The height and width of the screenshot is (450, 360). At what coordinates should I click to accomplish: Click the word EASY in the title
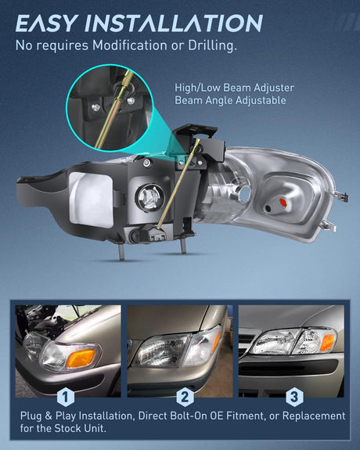pos(47,23)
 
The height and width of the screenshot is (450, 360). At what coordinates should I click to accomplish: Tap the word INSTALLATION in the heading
pos(174,23)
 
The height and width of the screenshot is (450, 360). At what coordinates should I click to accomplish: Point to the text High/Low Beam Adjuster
pos(234,88)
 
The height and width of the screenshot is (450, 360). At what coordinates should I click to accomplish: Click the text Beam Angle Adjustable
pos(230,100)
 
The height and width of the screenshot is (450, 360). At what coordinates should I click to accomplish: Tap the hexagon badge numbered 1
pos(66,397)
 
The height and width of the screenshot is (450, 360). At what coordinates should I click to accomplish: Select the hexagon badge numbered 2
pos(185,397)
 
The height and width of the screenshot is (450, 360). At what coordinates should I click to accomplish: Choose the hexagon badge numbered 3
pos(294,397)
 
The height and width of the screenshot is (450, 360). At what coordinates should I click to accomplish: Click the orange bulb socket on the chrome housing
pos(283,202)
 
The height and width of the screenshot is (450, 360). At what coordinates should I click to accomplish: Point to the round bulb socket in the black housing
pos(149,198)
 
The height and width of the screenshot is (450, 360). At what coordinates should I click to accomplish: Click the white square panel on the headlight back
pos(91,200)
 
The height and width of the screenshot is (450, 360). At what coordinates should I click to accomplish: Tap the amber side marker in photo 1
pos(81,358)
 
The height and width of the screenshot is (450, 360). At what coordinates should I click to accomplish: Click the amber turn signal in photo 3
pos(327,342)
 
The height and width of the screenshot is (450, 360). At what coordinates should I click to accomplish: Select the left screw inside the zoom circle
pos(95,108)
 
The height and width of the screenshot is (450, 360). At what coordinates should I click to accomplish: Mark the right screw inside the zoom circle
pos(131,100)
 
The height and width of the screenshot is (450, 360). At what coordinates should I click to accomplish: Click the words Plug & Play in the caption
pos(48,416)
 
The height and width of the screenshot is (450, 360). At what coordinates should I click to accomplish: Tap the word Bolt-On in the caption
pos(189,416)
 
